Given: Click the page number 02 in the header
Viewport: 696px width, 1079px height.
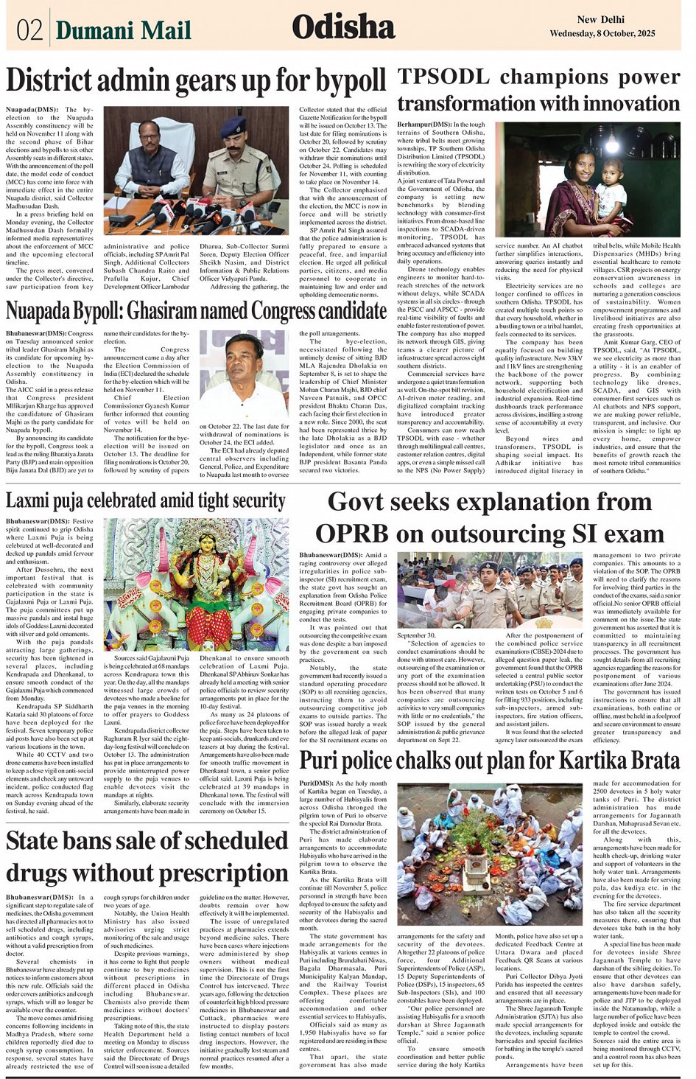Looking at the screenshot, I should [x=29, y=29].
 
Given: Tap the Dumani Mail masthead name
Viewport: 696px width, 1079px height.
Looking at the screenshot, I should [x=123, y=30].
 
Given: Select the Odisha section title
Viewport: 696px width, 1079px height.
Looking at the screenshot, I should [x=343, y=27].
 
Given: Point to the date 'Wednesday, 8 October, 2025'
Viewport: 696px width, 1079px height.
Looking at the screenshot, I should [x=602, y=34].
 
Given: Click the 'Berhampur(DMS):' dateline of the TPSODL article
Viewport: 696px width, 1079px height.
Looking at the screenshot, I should [x=423, y=125].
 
